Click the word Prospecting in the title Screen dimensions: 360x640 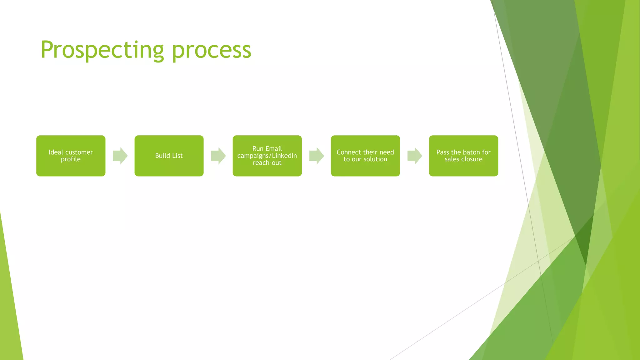(x=102, y=50)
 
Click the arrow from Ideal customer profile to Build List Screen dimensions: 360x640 (x=120, y=156)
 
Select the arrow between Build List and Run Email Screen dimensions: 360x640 (x=218, y=156)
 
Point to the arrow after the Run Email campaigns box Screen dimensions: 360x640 (x=316, y=156)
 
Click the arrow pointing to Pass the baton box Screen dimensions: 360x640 (x=414, y=156)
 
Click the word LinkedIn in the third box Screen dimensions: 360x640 (x=284, y=156)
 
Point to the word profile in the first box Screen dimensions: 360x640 (x=71, y=159)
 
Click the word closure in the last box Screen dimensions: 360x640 (x=472, y=159)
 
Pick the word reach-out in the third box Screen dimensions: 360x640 (x=267, y=163)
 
